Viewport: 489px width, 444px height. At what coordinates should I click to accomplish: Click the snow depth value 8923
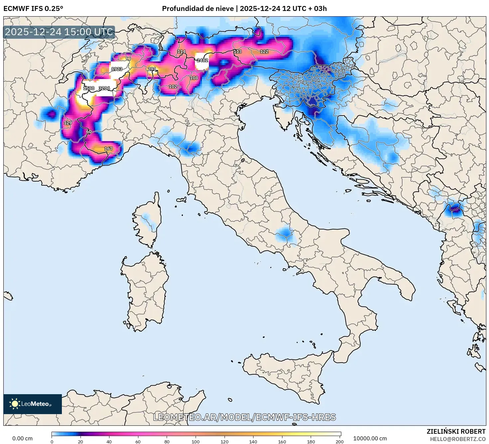pos(117,69)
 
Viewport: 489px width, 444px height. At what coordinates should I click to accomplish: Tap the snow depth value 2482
pos(202,60)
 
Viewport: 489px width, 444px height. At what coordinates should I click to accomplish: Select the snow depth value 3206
pos(104,88)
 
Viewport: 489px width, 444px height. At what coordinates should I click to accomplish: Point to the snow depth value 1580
pos(89,88)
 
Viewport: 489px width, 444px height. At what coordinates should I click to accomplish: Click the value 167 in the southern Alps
pos(108,148)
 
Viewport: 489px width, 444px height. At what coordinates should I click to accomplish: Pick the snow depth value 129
pos(68,123)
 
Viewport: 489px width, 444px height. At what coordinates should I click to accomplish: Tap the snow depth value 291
pos(152,69)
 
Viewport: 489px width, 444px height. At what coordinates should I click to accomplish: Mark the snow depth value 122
pos(264,51)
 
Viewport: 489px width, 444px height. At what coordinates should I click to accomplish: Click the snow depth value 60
pos(89,132)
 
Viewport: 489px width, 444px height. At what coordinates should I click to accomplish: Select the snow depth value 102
pos(173,86)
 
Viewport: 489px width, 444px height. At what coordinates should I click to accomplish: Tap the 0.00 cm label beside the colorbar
pos(23,438)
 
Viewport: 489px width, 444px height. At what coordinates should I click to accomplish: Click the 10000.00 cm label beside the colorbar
pos(370,438)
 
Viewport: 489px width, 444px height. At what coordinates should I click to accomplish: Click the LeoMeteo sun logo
pos(15,404)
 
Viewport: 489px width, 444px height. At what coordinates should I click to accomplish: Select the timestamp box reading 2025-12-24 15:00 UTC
pos(59,32)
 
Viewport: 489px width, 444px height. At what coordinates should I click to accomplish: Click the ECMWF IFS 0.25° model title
pos(33,9)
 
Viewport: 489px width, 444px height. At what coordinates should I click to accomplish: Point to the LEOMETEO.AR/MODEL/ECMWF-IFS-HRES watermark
pos(244,417)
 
